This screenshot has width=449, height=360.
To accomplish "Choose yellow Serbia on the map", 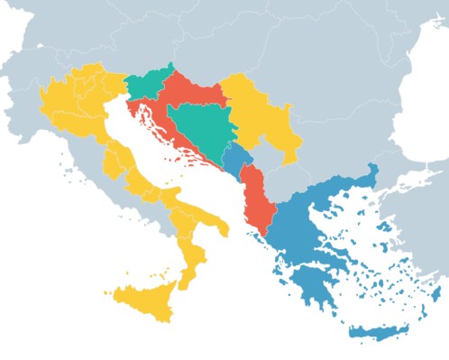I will pos(252,113).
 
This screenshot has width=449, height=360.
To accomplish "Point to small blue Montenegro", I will pos(237,162).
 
